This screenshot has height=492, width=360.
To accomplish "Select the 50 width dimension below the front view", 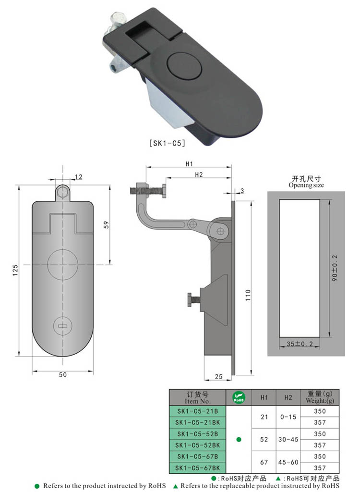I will pyautogui.click(x=62, y=374).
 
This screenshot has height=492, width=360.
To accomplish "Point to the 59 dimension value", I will pyautogui.click(x=107, y=224).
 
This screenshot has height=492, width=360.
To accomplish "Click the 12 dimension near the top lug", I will pyautogui.click(x=78, y=177).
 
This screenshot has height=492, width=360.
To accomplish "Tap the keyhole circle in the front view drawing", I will pyautogui.click(x=62, y=326).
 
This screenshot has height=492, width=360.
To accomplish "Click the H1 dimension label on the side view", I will pyautogui.click(x=189, y=164).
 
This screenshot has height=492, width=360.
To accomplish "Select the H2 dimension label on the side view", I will pyautogui.click(x=198, y=174).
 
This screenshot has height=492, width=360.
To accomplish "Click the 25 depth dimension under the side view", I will pyautogui.click(x=218, y=377).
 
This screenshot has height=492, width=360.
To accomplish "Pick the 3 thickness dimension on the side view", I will pyautogui.click(x=242, y=191).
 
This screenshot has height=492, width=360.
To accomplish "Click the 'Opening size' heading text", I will pyautogui.click(x=306, y=185).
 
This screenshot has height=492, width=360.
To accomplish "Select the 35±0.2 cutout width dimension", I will pyautogui.click(x=299, y=343).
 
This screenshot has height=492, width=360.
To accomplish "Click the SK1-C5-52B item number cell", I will pyautogui.click(x=197, y=434).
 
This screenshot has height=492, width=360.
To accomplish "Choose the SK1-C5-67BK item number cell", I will pyautogui.click(x=198, y=467).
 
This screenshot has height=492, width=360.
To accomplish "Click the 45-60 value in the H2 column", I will pyautogui.click(x=288, y=462).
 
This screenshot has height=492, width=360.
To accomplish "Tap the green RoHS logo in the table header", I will pyautogui.click(x=239, y=397).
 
